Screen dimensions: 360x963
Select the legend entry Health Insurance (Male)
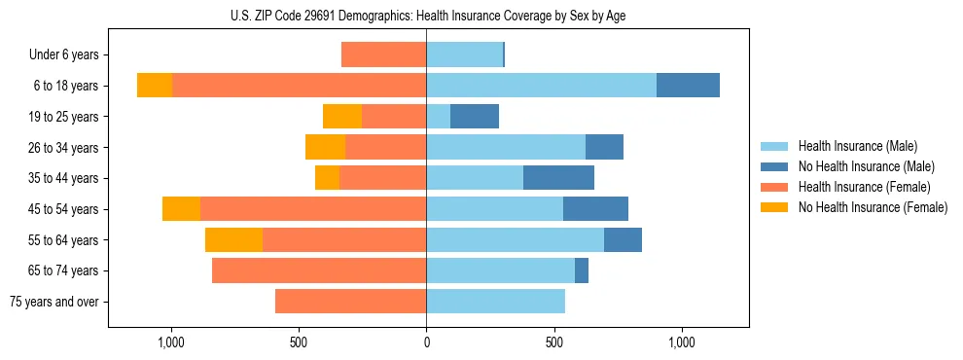coord(857,146)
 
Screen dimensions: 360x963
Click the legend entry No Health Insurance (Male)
coord(866,166)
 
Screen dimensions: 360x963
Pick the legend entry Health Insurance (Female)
coord(864,187)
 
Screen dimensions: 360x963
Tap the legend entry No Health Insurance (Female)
coord(873,207)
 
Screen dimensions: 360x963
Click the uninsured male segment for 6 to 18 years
coord(688,85)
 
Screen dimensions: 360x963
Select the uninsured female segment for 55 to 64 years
coord(233,239)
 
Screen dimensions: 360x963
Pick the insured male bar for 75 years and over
coord(495,302)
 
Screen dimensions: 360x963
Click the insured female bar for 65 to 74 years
coord(319,270)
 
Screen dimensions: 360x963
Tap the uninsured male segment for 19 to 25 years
coord(475,116)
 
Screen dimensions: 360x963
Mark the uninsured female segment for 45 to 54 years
coord(181,208)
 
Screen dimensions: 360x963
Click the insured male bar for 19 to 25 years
coord(439,116)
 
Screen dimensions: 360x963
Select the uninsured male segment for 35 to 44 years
coord(558,178)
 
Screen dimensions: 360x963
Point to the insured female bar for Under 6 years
coord(383,54)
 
